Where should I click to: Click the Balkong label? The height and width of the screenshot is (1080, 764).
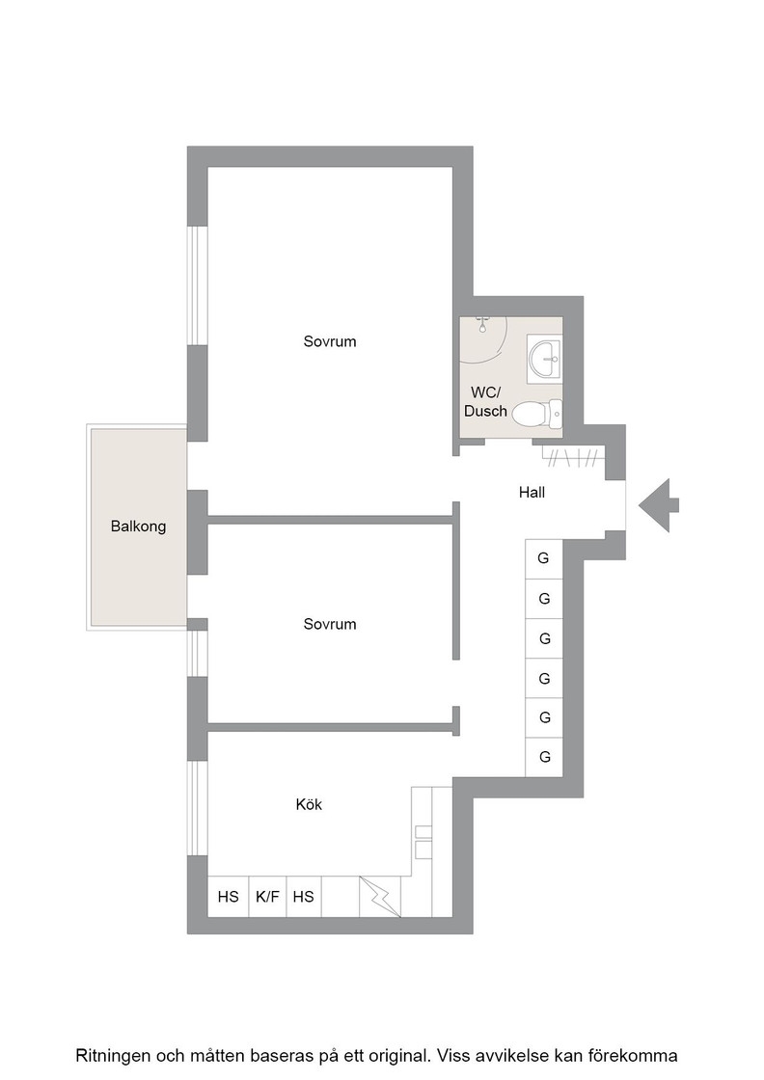138,526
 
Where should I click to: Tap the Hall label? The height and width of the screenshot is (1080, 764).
532,492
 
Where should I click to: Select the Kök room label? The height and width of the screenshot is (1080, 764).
309,804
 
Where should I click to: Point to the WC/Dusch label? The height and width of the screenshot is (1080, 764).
485,401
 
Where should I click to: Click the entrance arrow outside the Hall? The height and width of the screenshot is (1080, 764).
659,505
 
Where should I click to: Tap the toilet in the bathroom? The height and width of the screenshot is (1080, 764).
538,414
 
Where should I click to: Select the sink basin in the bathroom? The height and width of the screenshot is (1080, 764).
546,359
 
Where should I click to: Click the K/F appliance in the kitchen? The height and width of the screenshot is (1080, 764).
267,896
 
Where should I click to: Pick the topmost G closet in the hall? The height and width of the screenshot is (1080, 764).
543,558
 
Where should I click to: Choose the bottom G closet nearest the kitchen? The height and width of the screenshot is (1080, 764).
544,758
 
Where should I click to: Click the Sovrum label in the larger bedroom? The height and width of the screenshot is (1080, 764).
330,341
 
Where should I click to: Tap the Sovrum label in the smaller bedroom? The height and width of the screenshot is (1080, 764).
330,624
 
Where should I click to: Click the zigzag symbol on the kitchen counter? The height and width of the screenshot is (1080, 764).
380,896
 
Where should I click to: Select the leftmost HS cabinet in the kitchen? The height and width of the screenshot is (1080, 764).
228,896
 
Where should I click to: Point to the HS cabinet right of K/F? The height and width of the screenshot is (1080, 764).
303,896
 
